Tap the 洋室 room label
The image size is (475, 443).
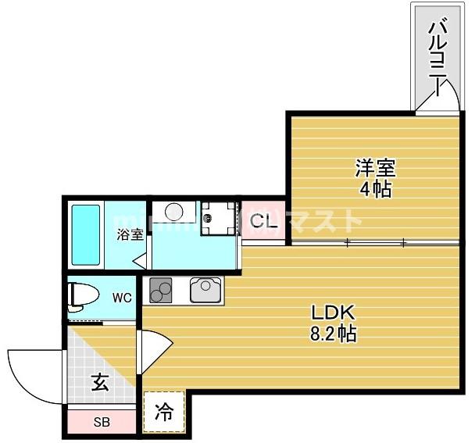tap(376, 167)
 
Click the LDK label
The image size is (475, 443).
tap(334, 313)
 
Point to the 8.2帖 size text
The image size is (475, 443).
tap(334, 334)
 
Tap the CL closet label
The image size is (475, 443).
tap(261, 221)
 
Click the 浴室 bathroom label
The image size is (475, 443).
tap(130, 234)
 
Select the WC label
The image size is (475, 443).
tap(121, 297)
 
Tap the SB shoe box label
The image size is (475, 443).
tap(102, 423)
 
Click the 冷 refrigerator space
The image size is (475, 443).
tap(164, 412)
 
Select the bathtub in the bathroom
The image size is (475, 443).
tap(85, 234)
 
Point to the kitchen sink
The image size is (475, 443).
tap(205, 290)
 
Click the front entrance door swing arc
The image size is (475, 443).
tap(31, 375)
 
